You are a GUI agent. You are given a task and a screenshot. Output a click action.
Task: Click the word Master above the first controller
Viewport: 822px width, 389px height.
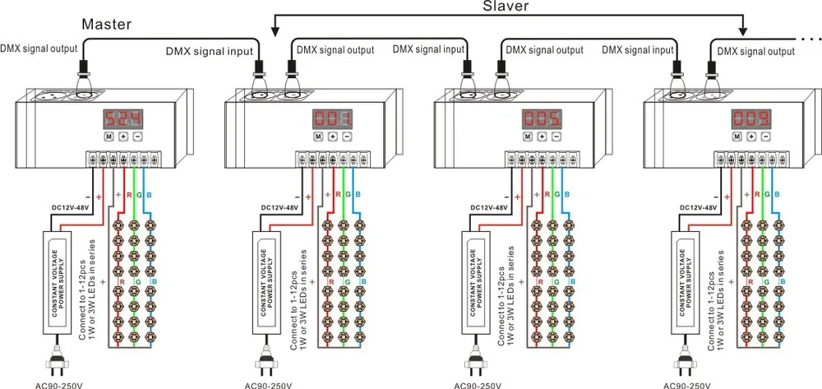point(106,24)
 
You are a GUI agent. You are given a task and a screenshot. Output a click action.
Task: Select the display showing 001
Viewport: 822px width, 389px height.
point(332,119)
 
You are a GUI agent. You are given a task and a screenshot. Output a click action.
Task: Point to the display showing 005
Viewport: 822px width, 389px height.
point(542,119)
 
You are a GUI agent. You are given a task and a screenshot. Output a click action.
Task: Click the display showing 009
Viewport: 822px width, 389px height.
point(751,119)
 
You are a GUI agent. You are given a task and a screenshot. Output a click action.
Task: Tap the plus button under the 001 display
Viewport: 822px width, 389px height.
point(332,137)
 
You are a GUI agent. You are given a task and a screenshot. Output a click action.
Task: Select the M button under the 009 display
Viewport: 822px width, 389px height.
point(737,137)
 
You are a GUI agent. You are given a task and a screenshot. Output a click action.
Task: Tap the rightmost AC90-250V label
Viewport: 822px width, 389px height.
point(686,386)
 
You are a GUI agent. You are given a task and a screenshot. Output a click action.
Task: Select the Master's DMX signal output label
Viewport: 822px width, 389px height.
point(39,49)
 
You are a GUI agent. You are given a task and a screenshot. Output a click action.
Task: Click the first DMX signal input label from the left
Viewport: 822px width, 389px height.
point(210,51)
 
